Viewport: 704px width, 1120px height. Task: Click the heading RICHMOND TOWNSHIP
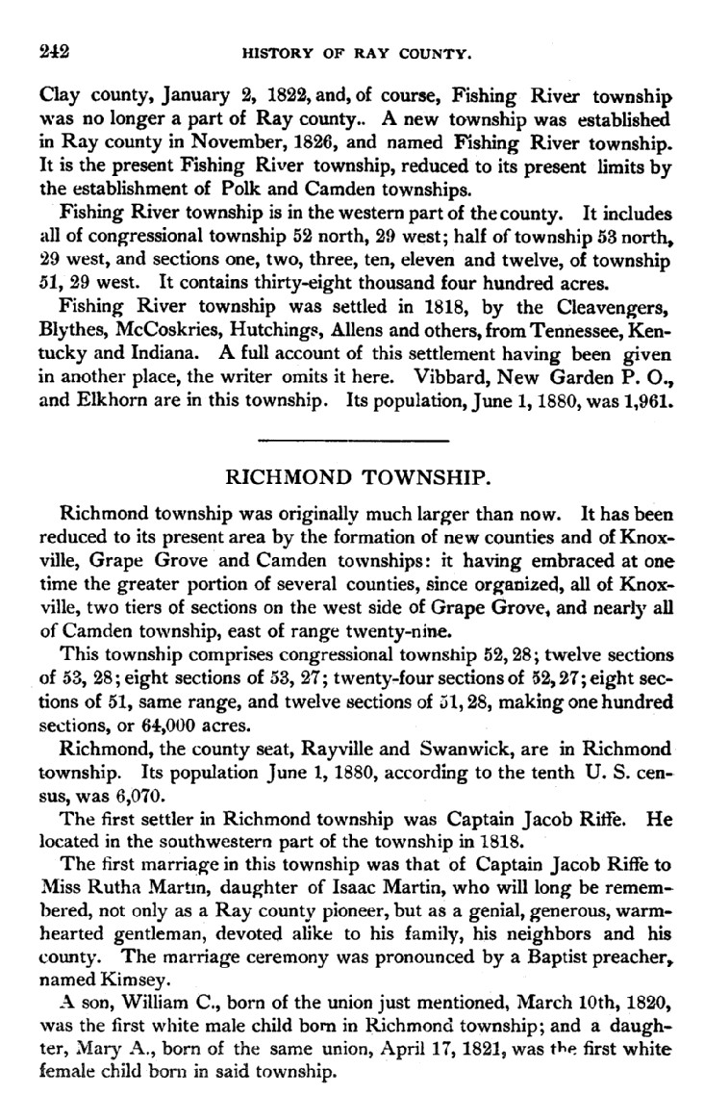pyautogui.click(x=351, y=478)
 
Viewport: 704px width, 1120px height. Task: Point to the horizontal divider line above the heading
pyautogui.click(x=353, y=441)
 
